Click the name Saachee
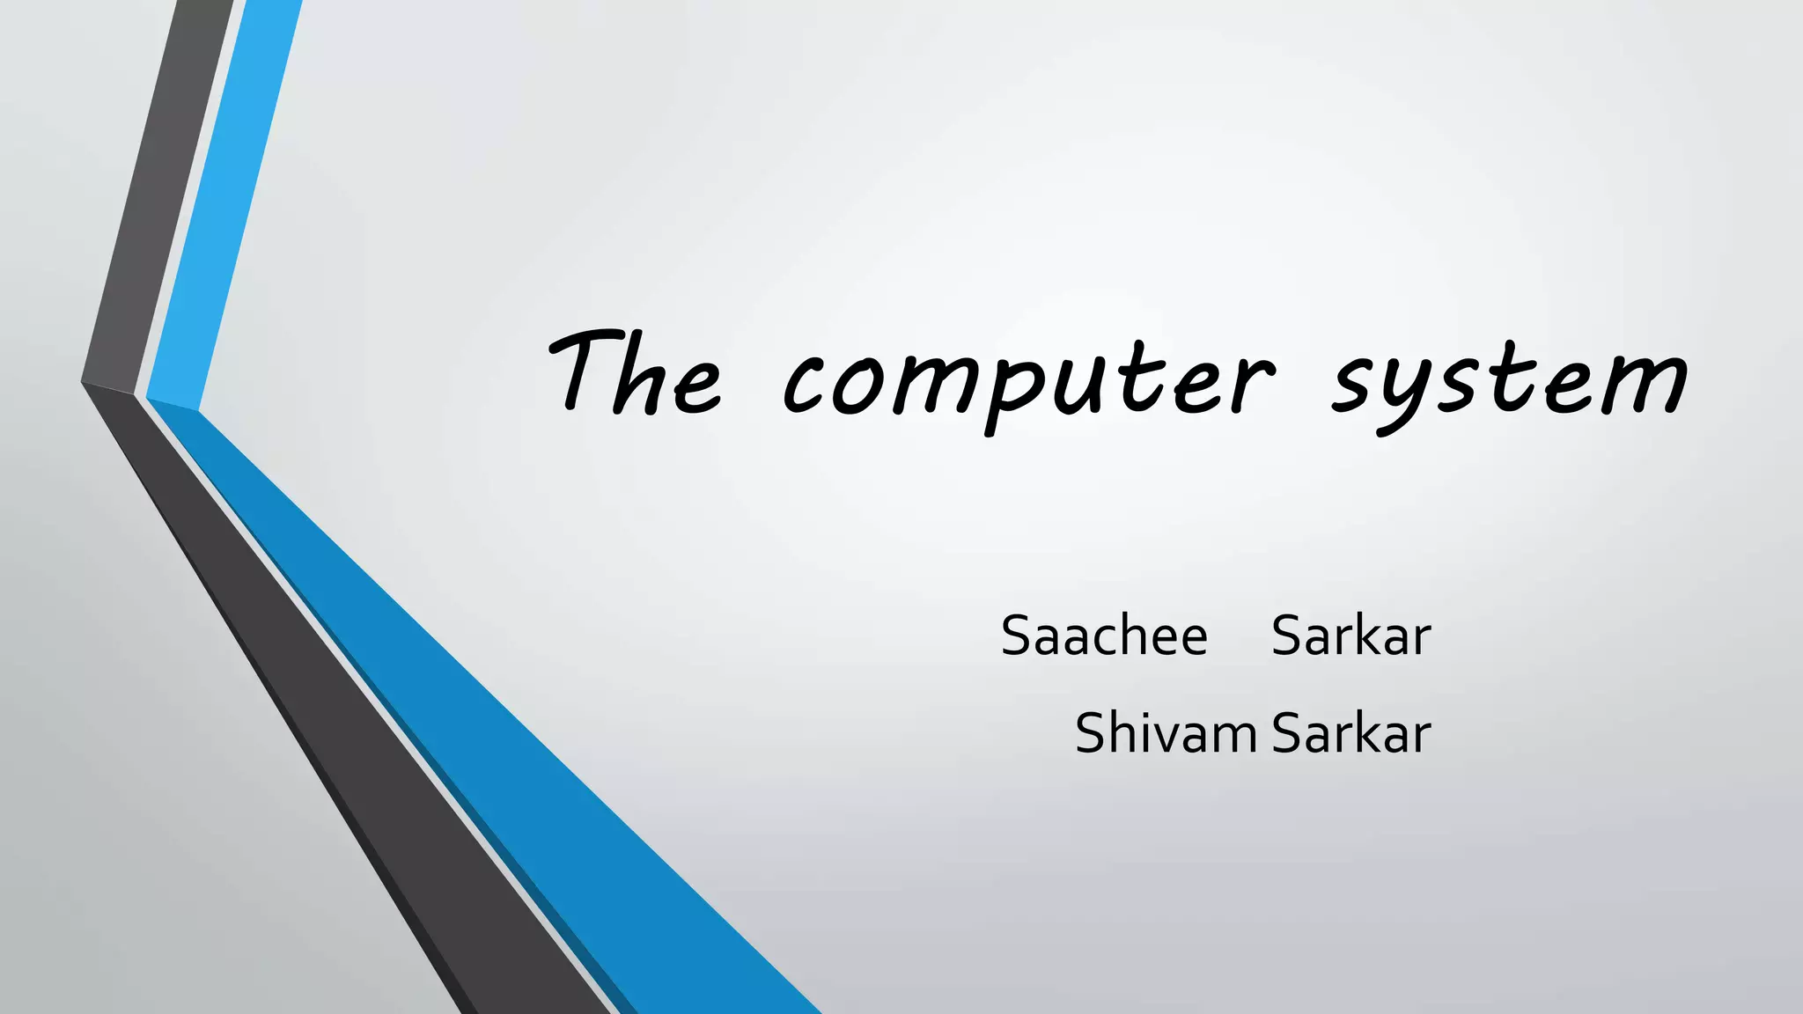pos(1104,636)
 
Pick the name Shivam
pos(1165,733)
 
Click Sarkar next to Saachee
pos(1351,636)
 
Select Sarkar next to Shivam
pos(1351,733)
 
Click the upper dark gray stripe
pos(158,194)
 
